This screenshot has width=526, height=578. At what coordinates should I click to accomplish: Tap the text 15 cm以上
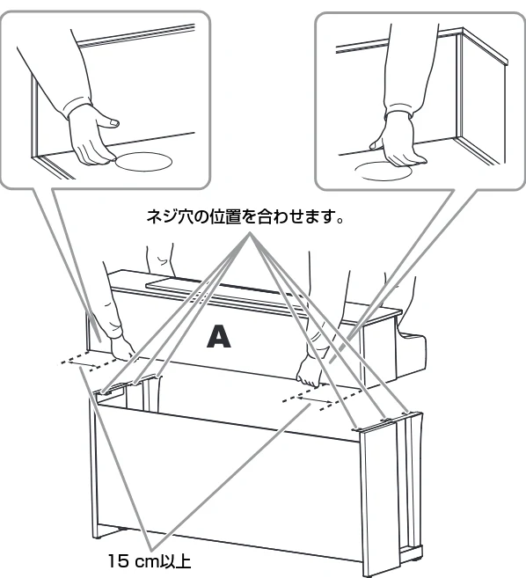150,561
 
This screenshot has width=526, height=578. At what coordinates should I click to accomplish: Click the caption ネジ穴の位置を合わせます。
245,217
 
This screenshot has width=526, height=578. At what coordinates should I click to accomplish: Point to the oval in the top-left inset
144,162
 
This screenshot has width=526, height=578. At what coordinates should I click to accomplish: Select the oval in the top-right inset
384,172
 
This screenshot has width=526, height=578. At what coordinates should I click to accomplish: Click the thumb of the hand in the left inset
110,121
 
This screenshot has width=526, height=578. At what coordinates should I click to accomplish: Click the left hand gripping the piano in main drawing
123,349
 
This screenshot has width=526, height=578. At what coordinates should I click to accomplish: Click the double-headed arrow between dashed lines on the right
314,399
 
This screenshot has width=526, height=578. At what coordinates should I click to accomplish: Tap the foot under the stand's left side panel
97,537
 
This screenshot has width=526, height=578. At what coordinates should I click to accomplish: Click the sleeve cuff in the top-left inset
78,107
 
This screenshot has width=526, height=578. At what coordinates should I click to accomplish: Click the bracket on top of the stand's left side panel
111,389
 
